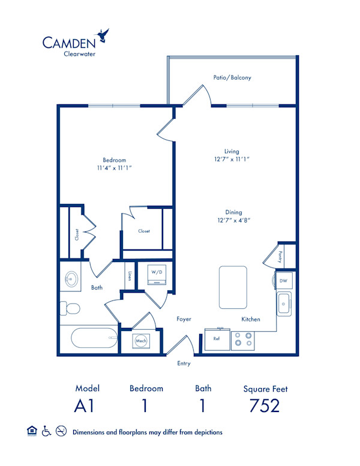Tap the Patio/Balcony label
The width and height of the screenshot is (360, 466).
pyautogui.click(x=232, y=77)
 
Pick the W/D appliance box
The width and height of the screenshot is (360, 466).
pyautogui.click(x=157, y=276)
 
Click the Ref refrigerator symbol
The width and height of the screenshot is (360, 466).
pyautogui.click(x=216, y=338)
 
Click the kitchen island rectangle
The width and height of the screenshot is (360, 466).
pyautogui.click(x=233, y=286)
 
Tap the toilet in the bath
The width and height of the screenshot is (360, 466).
pyautogui.click(x=72, y=309)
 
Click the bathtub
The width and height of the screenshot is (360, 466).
pyautogui.click(x=94, y=339)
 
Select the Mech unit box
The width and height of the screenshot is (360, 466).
pyautogui.click(x=141, y=341)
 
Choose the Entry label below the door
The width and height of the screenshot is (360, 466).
pyautogui.click(x=184, y=363)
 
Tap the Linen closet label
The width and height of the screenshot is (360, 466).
pyautogui.click(x=130, y=277)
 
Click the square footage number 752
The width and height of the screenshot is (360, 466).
pyautogui.click(x=264, y=406)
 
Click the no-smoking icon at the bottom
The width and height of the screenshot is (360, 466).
pyautogui.click(x=60, y=431)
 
